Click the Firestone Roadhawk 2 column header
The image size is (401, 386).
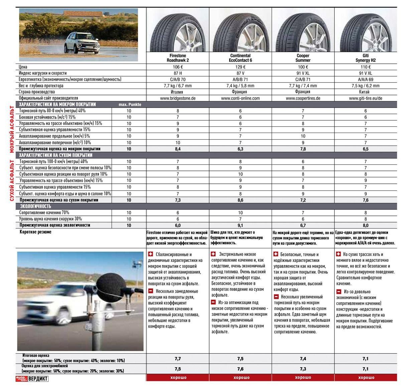point(177,58)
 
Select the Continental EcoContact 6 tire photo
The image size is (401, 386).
point(240,30)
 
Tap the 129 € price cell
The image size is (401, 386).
point(240,67)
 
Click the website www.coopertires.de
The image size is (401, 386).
point(303,98)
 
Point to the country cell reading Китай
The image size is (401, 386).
point(366,92)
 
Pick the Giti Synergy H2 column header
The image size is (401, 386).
point(366,58)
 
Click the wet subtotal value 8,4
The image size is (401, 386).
point(177,149)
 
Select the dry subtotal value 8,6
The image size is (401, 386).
point(240,200)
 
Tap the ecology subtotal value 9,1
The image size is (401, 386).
point(240,225)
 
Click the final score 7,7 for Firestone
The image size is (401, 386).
point(177,359)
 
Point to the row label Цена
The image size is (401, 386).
point(23,67)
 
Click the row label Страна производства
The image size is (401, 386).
point(41,92)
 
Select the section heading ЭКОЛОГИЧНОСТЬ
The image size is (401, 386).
point(35,207)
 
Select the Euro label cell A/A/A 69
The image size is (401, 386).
point(366,80)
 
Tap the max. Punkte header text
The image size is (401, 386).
point(130,105)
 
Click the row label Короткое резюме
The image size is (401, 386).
point(35,232)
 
